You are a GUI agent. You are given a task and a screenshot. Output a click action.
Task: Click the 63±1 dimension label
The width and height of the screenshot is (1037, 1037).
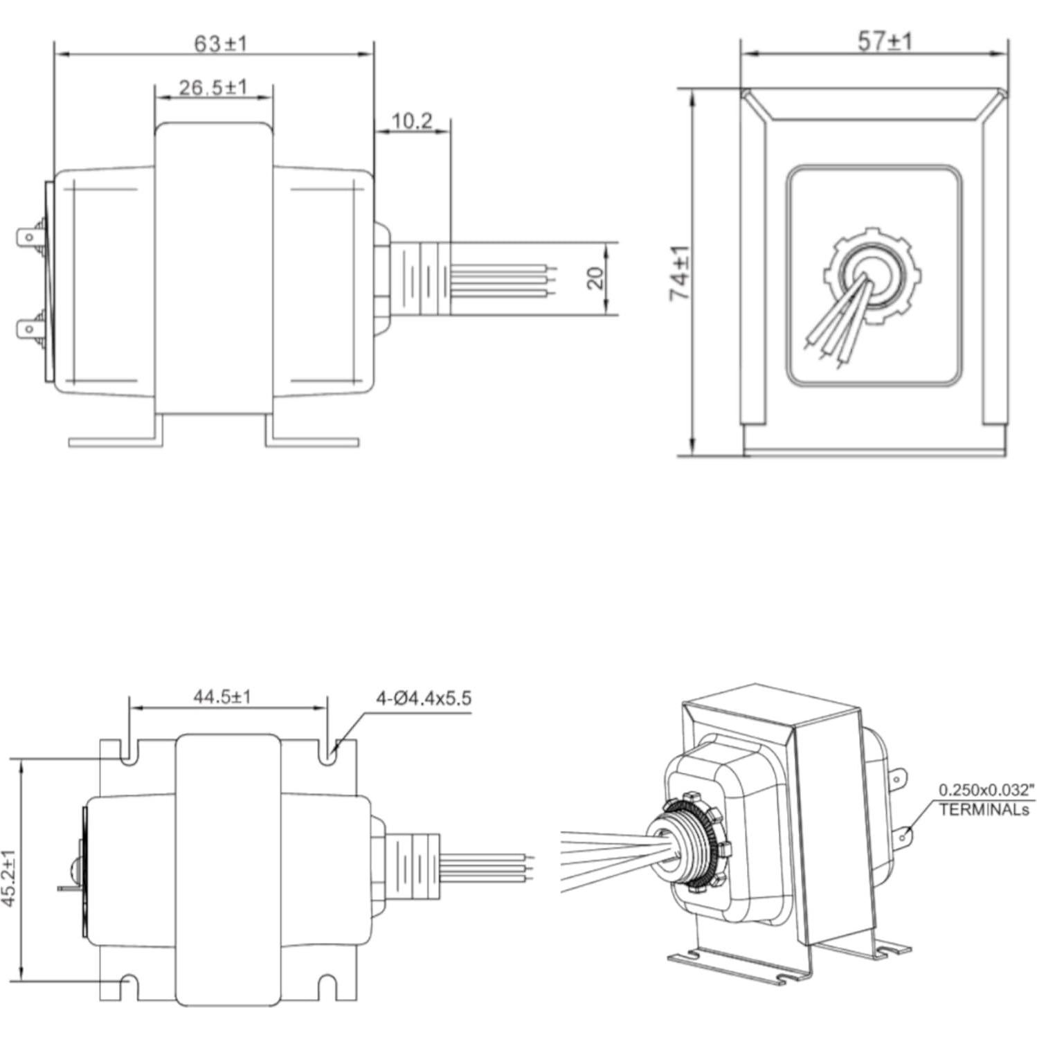click(x=219, y=44)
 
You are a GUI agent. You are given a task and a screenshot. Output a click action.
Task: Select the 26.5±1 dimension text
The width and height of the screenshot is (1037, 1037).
click(x=213, y=87)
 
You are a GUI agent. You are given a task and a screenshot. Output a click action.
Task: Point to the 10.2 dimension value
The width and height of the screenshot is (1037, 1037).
click(x=412, y=122)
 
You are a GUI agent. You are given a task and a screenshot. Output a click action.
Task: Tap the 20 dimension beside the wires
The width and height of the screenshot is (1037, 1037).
click(x=595, y=278)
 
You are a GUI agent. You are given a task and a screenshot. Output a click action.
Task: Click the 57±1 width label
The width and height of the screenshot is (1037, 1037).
click(x=885, y=42)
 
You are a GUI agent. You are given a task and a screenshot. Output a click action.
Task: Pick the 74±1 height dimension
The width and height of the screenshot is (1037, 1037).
click(x=680, y=273)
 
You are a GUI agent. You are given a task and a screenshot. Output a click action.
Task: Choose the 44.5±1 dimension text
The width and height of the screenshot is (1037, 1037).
click(x=222, y=696)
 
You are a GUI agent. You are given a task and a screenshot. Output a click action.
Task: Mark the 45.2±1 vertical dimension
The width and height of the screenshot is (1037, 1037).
click(x=10, y=878)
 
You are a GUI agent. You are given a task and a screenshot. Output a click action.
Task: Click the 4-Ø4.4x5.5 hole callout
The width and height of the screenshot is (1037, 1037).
click(x=423, y=698)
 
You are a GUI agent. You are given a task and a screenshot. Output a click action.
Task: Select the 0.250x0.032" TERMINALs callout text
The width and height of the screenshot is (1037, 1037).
click(x=985, y=800)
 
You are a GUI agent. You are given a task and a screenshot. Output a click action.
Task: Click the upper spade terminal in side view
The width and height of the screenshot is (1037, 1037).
click(x=30, y=238)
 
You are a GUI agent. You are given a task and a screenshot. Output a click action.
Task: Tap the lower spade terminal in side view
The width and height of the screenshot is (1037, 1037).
click(x=30, y=328)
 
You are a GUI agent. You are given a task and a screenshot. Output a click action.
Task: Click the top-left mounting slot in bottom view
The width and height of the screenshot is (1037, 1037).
click(x=128, y=754)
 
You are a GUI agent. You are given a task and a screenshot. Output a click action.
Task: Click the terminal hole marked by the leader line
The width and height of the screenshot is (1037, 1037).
click(x=902, y=838)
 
